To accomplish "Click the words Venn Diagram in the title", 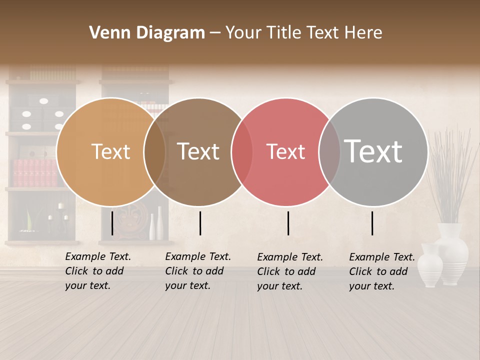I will pyautogui.click(x=147, y=33).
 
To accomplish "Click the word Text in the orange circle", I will pyautogui.click(x=110, y=151).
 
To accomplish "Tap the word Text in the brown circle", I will pyautogui.click(x=198, y=151).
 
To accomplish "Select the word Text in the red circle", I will pyautogui.click(x=286, y=151).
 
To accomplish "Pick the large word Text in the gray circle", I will pyautogui.click(x=373, y=151).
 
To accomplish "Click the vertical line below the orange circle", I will pyautogui.click(x=112, y=223).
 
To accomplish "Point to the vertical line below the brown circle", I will pyautogui.click(x=200, y=223).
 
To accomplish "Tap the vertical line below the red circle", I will pyautogui.click(x=288, y=223).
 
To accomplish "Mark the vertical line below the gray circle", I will pyautogui.click(x=372, y=223).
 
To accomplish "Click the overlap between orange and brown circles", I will pyautogui.click(x=154, y=151).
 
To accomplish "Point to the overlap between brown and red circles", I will pyautogui.click(x=242, y=151).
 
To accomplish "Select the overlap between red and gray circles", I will pyautogui.click(x=329, y=151).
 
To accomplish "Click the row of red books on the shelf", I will pyautogui.click(x=35, y=173).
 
